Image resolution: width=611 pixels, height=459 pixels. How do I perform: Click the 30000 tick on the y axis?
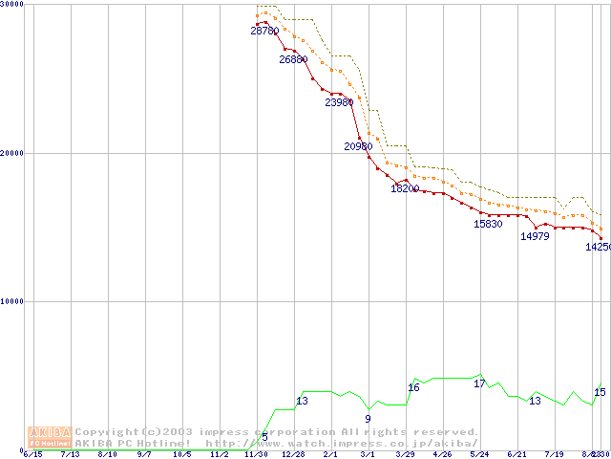[x=12, y=5]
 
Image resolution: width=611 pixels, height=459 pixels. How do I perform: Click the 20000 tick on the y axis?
[x=12, y=153]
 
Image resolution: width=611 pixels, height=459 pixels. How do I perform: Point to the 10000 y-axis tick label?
[x=12, y=301]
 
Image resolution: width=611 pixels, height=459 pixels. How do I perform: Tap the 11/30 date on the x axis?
[x=256, y=454]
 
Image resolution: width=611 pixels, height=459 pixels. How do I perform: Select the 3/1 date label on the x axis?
[x=368, y=454]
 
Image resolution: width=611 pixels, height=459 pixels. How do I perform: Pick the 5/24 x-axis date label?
[x=479, y=454]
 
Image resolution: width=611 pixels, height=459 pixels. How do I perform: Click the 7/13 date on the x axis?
[x=70, y=454]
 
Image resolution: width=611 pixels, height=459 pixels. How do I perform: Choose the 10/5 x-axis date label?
[x=181, y=454]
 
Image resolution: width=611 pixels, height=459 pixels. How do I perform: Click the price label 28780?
[x=264, y=31]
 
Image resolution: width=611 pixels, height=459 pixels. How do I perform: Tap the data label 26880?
[x=293, y=59]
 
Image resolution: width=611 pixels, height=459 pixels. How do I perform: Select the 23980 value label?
[x=339, y=102]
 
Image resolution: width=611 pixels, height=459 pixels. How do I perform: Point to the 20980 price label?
[x=358, y=146]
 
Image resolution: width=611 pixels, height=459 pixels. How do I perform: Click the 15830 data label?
[x=488, y=224]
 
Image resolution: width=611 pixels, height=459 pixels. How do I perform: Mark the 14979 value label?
[x=535, y=236]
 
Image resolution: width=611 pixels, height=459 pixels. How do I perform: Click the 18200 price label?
[x=405, y=188]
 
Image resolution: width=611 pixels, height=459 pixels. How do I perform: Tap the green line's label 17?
[x=479, y=383]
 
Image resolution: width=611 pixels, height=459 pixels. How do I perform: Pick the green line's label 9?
[x=368, y=418]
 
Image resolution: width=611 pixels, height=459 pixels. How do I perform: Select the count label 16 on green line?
[x=413, y=387]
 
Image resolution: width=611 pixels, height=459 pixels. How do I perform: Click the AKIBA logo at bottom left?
[x=50, y=437]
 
